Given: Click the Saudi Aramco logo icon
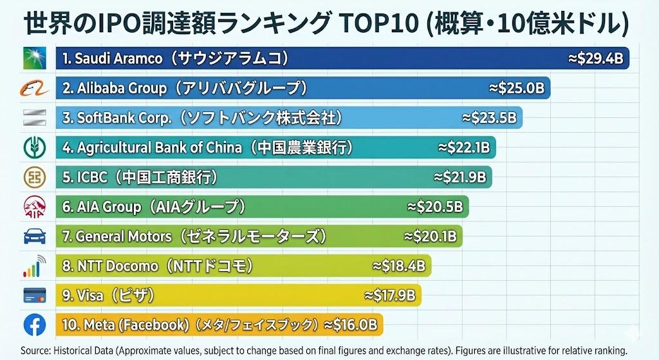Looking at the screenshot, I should pyautogui.click(x=34, y=59).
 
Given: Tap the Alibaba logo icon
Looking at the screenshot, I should pyautogui.click(x=34, y=88).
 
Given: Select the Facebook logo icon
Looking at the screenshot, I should pyautogui.click(x=34, y=324).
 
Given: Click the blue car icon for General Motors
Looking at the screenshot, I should pyautogui.click(x=34, y=236).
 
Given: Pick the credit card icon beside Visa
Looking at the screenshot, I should pyautogui.click(x=34, y=295).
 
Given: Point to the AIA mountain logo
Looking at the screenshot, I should pyautogui.click(x=34, y=207).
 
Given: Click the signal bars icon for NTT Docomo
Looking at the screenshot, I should pyautogui.click(x=34, y=265).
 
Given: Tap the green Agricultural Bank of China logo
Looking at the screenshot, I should pyautogui.click(x=34, y=147).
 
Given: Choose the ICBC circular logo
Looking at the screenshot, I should pyautogui.click(x=34, y=176).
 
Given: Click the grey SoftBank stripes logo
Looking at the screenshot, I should pyautogui.click(x=34, y=117).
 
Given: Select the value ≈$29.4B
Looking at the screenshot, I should pyautogui.click(x=596, y=59).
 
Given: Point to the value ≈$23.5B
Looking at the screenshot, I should pyautogui.click(x=489, y=118).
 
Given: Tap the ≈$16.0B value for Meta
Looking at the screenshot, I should pyautogui.click(x=350, y=324).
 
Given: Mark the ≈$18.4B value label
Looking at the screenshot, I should pyautogui.click(x=399, y=265).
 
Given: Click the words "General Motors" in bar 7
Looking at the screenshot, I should pyautogui.click(x=124, y=236).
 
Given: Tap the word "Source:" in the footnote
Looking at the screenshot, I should pyautogui.click(x=35, y=351).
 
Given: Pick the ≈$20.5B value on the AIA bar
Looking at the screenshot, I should pyautogui.click(x=435, y=207).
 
